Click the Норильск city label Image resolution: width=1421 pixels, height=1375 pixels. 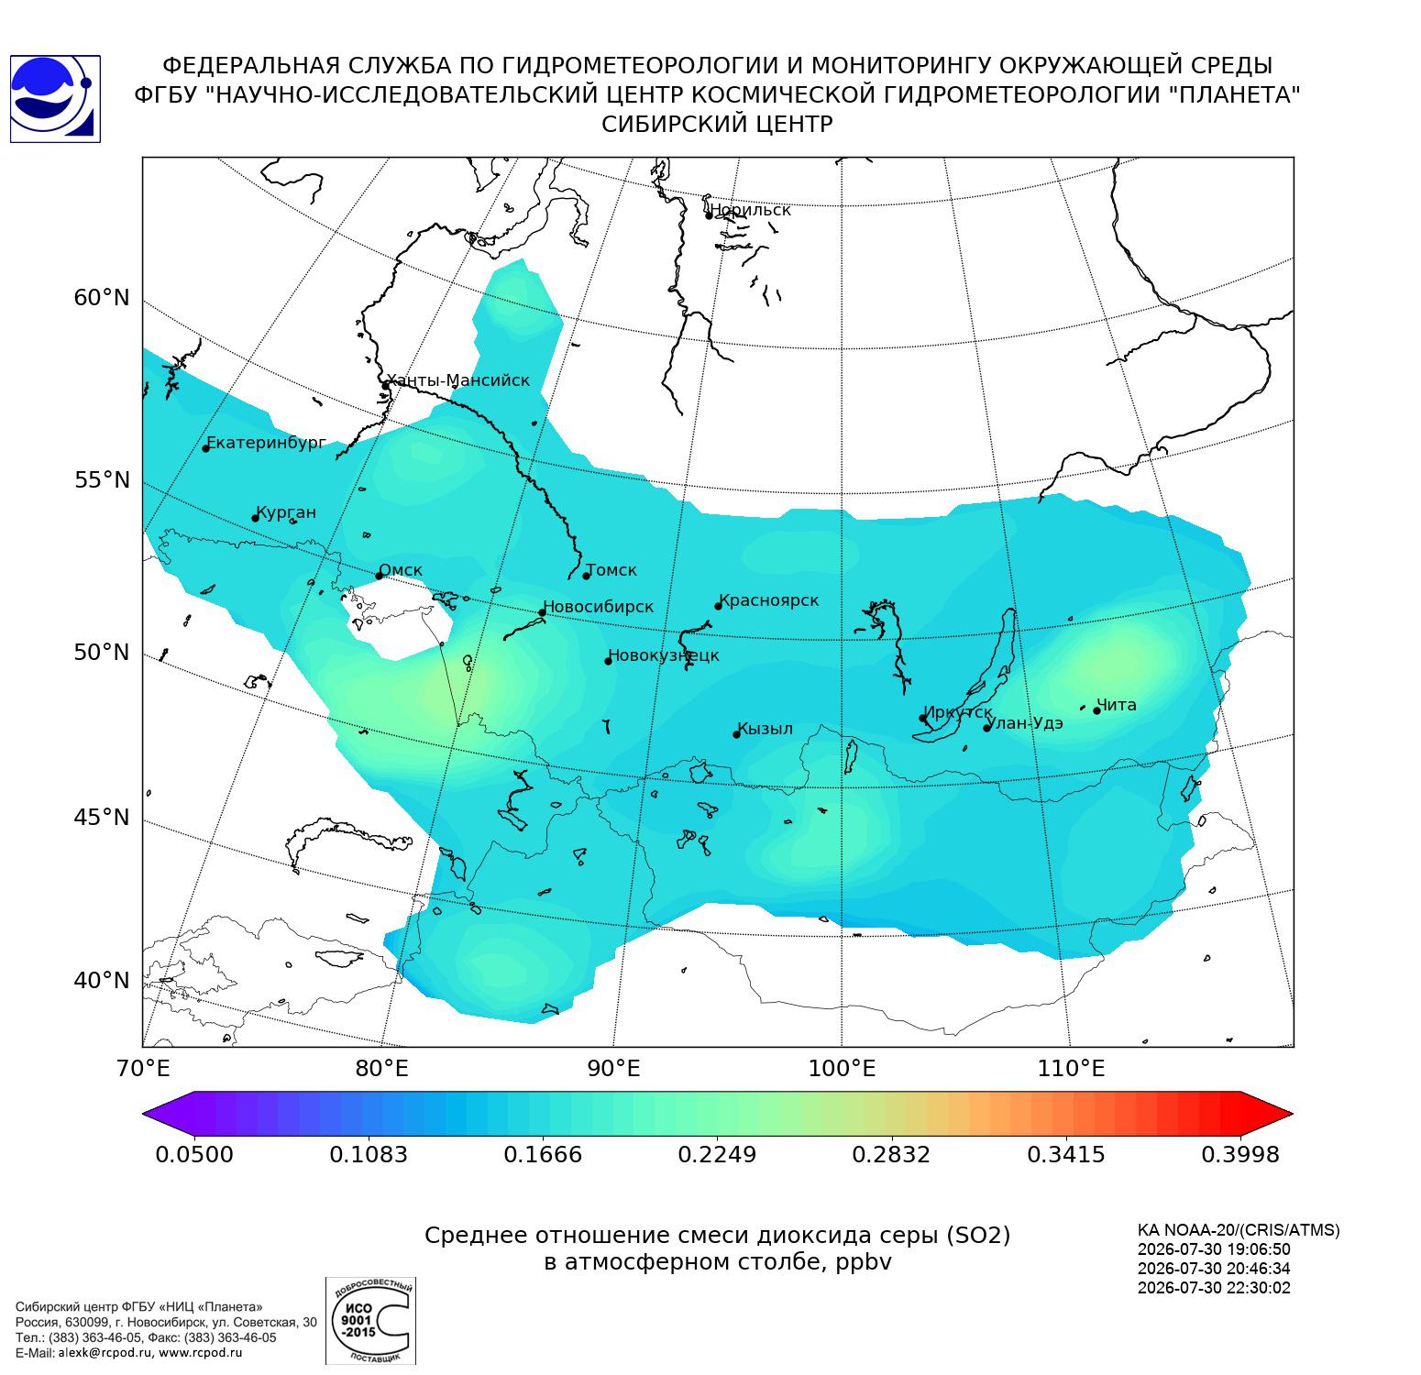[x=750, y=210]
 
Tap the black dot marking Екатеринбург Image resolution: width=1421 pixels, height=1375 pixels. [x=206, y=448]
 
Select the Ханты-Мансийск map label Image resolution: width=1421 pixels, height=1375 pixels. [x=458, y=380]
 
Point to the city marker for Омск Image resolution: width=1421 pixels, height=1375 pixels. [x=379, y=576]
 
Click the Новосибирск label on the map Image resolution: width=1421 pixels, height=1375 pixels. [x=598, y=607]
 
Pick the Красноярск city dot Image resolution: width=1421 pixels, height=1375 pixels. [x=719, y=606]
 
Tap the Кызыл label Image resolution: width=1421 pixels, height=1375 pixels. [x=765, y=729]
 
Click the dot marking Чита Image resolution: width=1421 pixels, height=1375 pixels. [x=1096, y=710]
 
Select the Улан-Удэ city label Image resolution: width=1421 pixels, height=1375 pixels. [x=1025, y=723]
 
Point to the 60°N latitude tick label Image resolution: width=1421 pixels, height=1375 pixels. [x=102, y=298]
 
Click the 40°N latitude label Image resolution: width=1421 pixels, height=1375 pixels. [x=102, y=981]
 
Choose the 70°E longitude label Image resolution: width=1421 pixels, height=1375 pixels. [x=142, y=1068]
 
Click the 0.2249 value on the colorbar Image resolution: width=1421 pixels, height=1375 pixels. [x=717, y=1154]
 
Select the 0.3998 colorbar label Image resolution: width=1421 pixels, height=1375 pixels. [x=1239, y=1154]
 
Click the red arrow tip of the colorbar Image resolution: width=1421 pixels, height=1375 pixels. [x=1292, y=1114]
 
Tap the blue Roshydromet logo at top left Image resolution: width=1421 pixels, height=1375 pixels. [x=55, y=99]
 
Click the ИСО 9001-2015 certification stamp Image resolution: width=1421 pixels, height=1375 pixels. [x=370, y=1320]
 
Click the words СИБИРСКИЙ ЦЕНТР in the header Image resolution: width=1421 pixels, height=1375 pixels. [x=717, y=125]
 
